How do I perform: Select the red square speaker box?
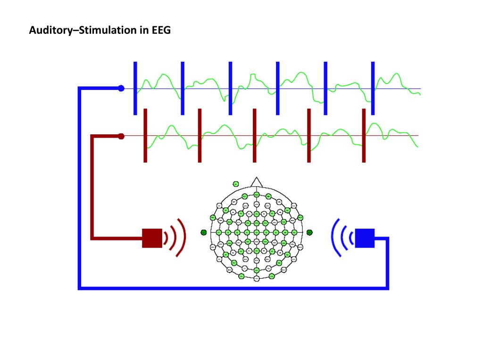[152, 238]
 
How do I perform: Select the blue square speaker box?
[364, 238]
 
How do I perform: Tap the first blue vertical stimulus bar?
[135, 88]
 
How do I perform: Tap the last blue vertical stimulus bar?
[373, 88]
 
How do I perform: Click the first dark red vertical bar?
[145, 136]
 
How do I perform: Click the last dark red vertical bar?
[364, 136]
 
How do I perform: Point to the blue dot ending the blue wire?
[121, 88]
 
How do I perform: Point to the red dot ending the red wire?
[121, 136]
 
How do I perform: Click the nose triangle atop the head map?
[256, 182]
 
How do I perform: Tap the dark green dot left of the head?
[204, 232]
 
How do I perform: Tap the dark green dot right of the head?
[310, 232]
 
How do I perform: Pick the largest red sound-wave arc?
[182, 237]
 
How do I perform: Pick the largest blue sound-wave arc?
[334, 237]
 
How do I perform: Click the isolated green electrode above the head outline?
[236, 184]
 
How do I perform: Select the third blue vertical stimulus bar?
[230, 88]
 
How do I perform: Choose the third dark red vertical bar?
[254, 136]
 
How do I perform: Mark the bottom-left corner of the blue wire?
[80, 288]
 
